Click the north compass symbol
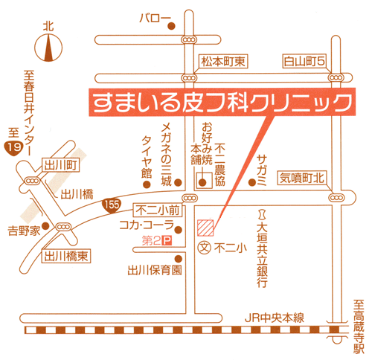(x=48, y=48)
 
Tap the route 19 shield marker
(x=13, y=148)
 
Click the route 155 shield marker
(x=112, y=205)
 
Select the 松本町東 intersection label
(x=223, y=61)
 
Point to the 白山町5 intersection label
(x=304, y=61)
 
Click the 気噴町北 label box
(x=302, y=178)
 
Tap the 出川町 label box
(x=61, y=165)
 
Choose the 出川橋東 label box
(x=66, y=256)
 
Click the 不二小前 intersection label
(x=158, y=210)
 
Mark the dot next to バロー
(x=171, y=26)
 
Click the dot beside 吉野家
(x=45, y=226)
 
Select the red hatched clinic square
(x=205, y=228)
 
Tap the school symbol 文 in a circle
(x=205, y=248)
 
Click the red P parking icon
(x=167, y=241)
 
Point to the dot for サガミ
(x=252, y=183)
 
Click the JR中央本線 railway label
(x=275, y=318)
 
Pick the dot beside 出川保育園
(x=179, y=259)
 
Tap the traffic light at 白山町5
(x=336, y=78)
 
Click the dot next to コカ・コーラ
(x=179, y=230)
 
